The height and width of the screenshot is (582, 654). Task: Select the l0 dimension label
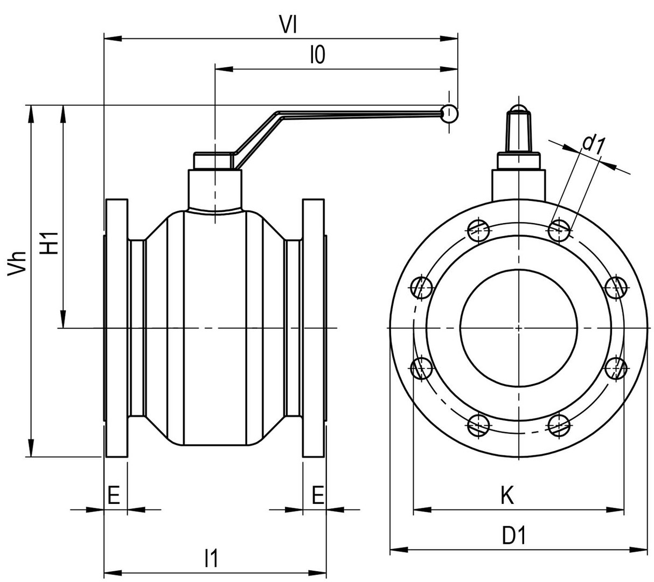[318, 55]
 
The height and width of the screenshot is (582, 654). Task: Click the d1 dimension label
[595, 143]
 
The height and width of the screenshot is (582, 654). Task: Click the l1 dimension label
[212, 558]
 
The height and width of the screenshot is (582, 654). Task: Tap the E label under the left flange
[113, 494]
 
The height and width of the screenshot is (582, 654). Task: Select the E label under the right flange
[318, 494]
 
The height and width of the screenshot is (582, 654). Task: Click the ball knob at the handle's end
[449, 113]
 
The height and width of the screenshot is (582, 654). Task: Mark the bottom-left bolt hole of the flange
[478, 425]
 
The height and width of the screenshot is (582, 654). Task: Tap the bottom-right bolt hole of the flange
[560, 425]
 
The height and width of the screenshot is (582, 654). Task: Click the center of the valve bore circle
[519, 328]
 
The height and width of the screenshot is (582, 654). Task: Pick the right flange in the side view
[314, 329]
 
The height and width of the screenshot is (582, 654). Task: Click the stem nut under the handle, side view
[214, 161]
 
